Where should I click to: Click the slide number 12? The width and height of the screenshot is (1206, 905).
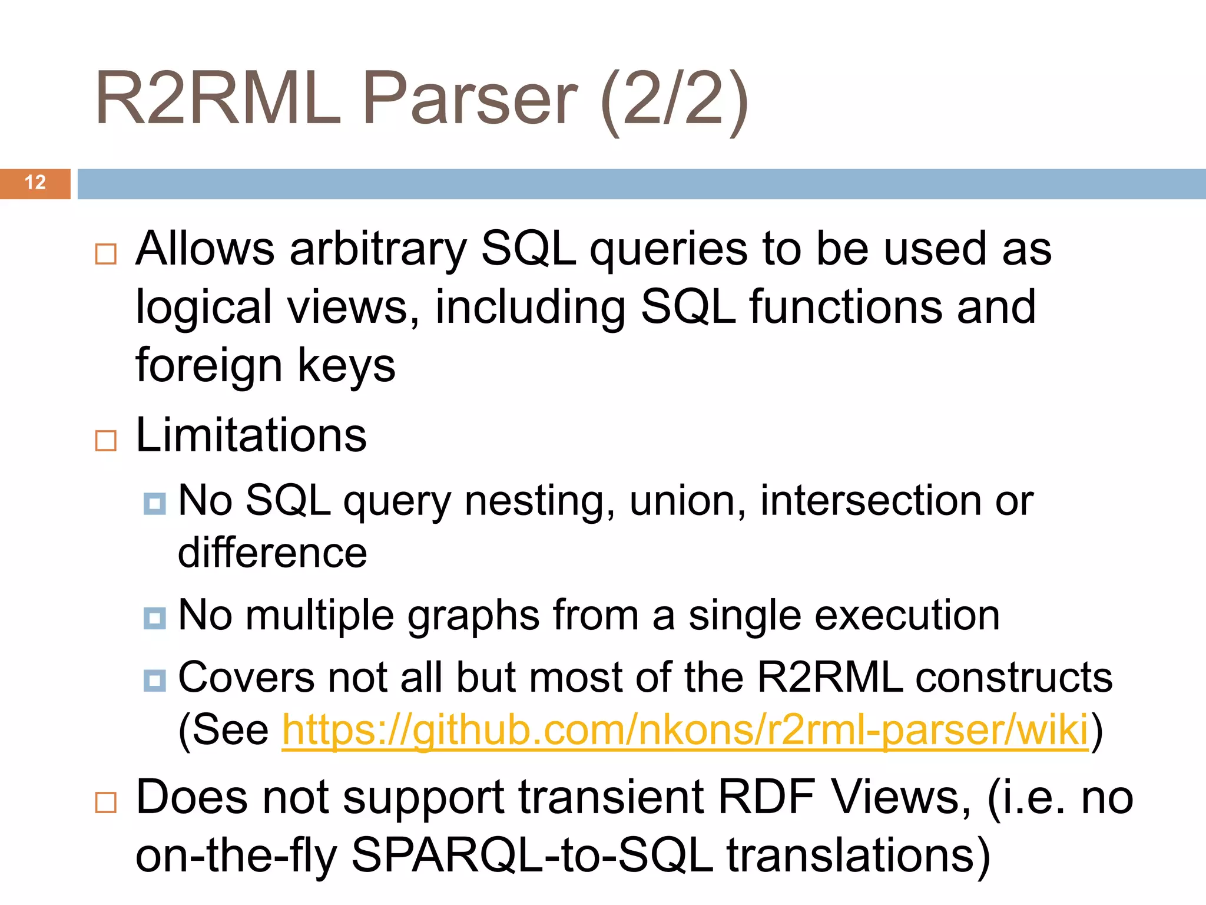(35, 183)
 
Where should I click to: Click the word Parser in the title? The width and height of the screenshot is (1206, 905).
(469, 98)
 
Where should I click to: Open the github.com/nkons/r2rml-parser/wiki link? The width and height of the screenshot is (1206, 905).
(685, 730)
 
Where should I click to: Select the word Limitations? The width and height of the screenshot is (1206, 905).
(251, 435)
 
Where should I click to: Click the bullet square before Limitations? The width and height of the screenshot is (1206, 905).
(106, 440)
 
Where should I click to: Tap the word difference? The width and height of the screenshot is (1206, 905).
(273, 553)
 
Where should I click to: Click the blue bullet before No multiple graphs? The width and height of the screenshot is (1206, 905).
(155, 618)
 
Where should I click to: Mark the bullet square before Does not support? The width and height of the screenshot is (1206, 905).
(106, 802)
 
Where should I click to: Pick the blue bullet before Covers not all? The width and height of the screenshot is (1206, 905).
(155, 681)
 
